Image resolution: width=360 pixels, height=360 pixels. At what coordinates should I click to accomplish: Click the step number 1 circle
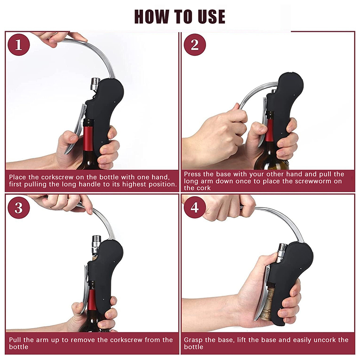pyautogui.click(x=18, y=45)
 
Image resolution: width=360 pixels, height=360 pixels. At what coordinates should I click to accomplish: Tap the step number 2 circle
pyautogui.click(x=195, y=45)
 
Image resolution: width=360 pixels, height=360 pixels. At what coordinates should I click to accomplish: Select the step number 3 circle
pyautogui.click(x=18, y=207)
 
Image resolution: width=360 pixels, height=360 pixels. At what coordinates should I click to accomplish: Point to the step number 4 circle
pyautogui.click(x=195, y=207)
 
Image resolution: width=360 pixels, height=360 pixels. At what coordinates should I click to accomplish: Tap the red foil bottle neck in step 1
pyautogui.click(x=88, y=138)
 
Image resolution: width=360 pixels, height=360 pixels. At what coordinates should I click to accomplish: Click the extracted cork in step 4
pyautogui.click(x=267, y=303)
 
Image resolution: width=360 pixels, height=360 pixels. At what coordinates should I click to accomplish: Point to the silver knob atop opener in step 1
pyautogui.click(x=95, y=84)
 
